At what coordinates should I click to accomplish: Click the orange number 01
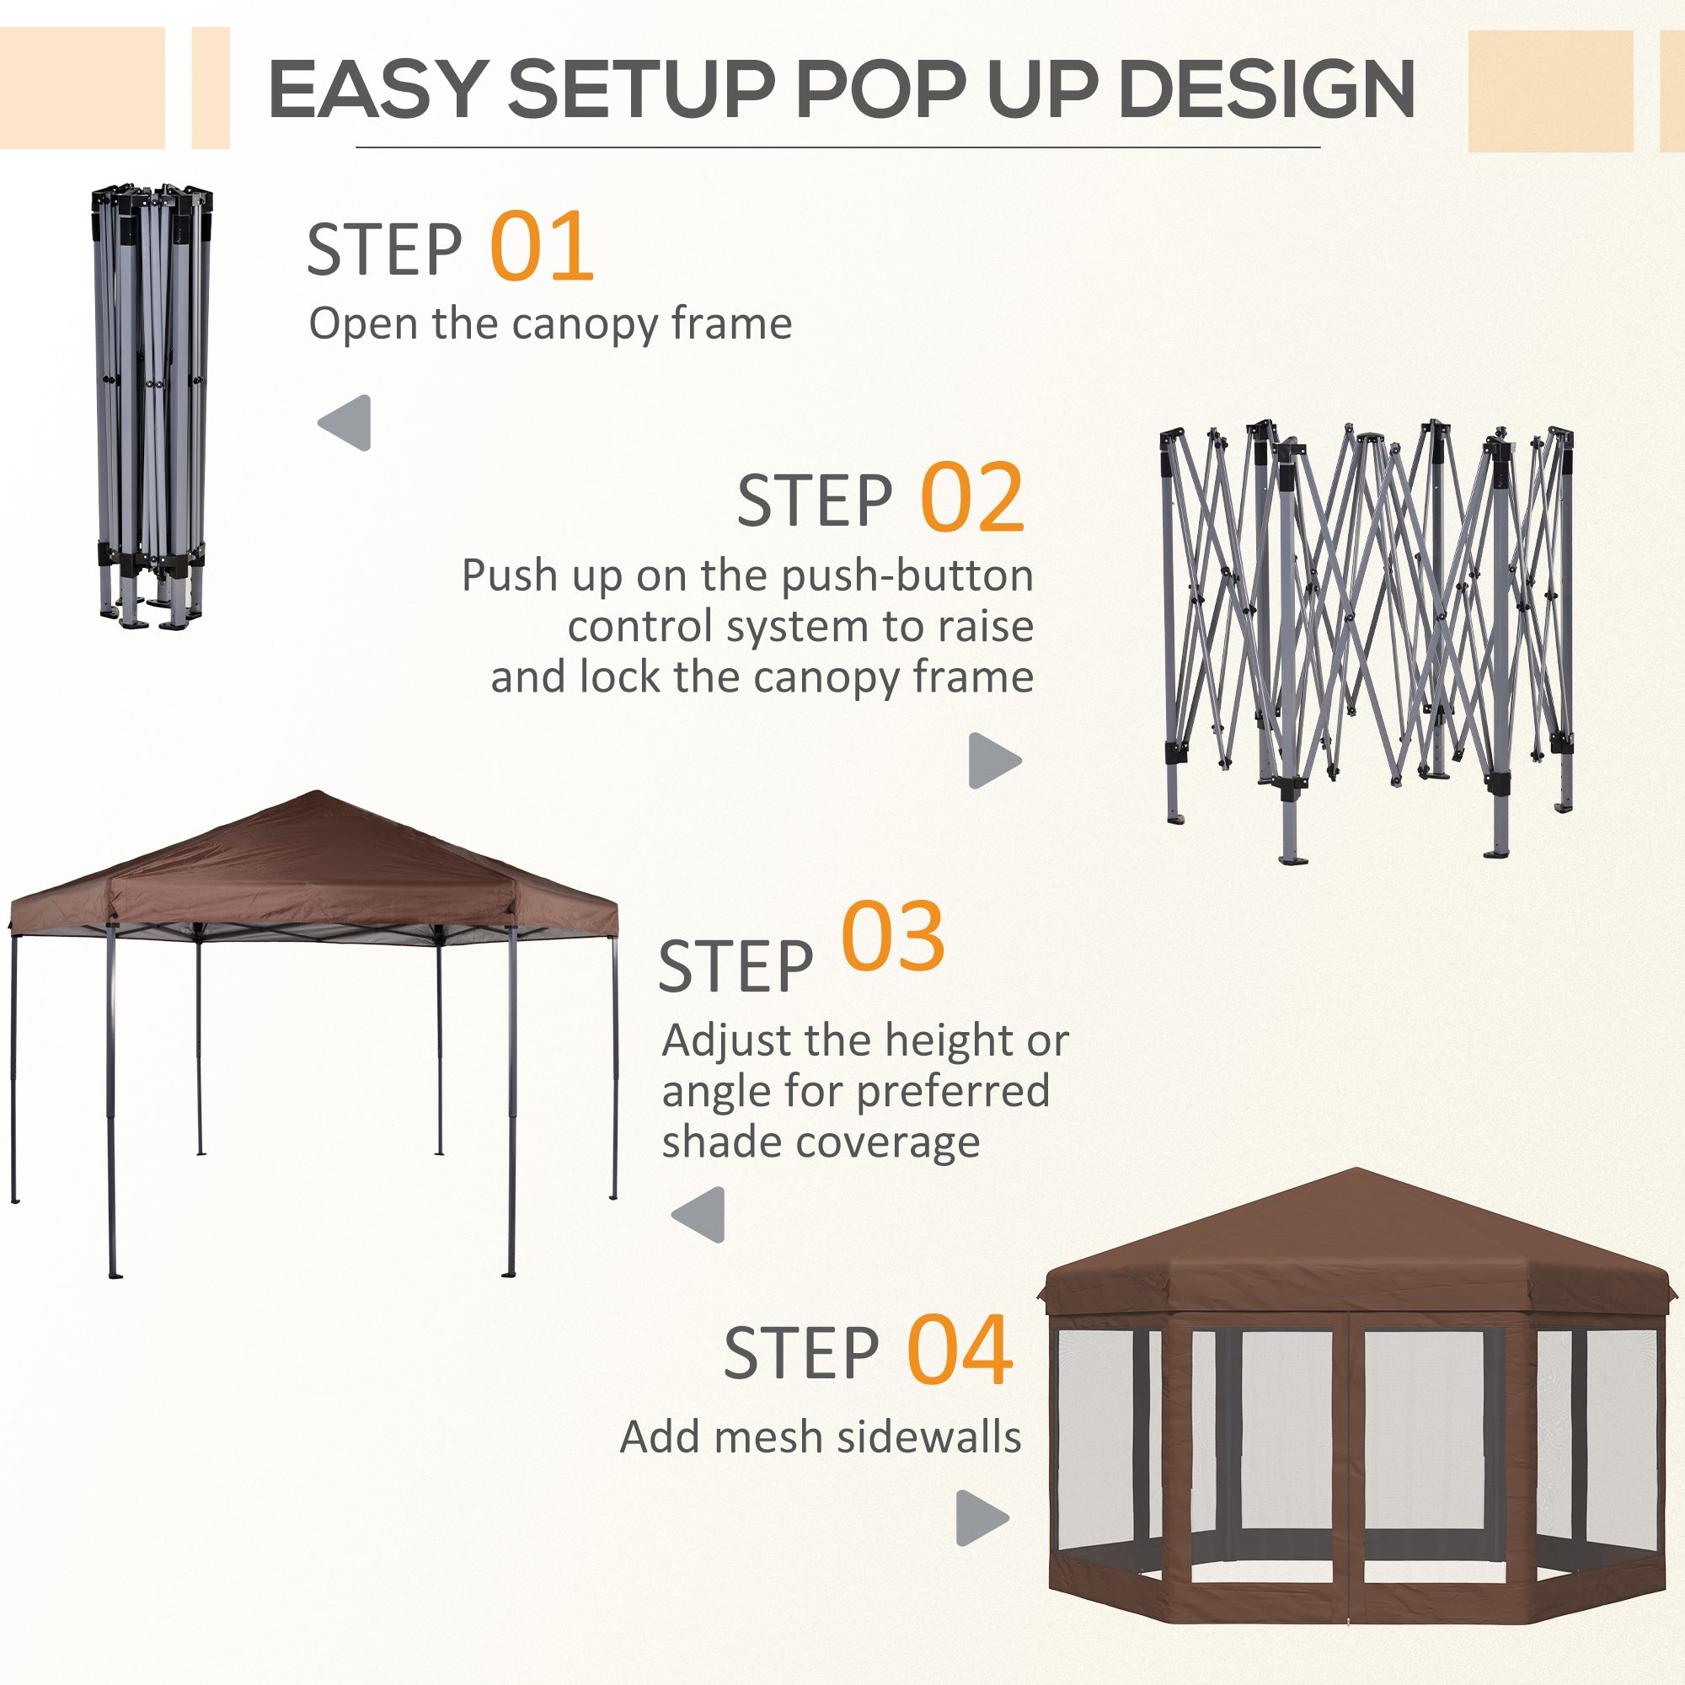pos(542,247)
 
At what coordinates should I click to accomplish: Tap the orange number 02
pos(971,498)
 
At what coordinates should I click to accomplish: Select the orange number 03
pos(892,939)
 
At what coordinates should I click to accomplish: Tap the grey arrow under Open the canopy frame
pos(346,423)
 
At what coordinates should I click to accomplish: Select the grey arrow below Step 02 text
pos(993,761)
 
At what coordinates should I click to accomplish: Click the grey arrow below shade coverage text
pos(699,1214)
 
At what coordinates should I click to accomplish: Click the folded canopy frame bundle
pos(152,405)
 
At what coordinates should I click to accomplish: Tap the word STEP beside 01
pos(383,249)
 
